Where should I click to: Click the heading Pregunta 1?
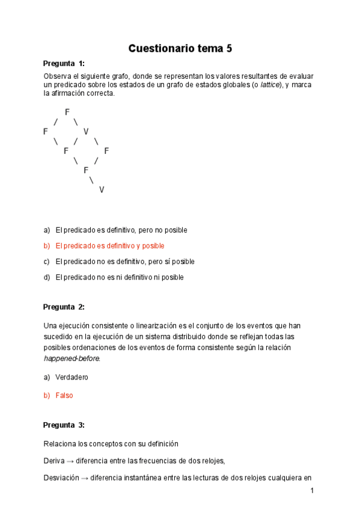tap(64, 64)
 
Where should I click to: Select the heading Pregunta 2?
tap(64, 307)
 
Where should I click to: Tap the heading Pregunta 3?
tap(64, 425)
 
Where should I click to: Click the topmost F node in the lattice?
tap(67, 112)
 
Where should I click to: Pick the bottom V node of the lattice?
tap(102, 190)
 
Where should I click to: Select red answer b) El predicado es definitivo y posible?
tap(109, 246)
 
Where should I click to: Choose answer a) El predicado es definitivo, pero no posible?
tap(121, 230)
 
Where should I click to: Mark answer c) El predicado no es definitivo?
tap(124, 262)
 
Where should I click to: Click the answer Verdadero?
tap(72, 377)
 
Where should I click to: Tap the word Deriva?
tap(54, 461)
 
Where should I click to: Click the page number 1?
tap(312, 491)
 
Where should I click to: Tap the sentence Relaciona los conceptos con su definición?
tap(111, 444)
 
